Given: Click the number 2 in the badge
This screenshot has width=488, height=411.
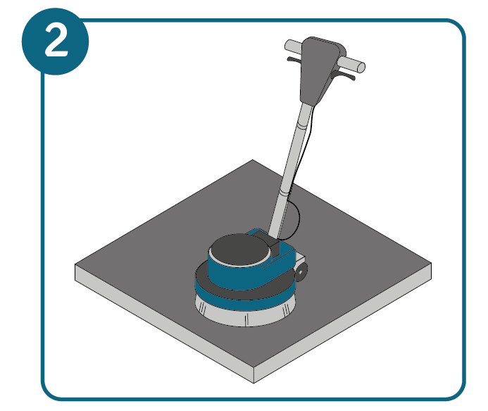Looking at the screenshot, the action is click(56, 40).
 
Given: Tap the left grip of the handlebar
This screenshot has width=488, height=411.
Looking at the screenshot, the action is click(293, 46).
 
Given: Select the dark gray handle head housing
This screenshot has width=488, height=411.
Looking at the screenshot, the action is click(320, 68).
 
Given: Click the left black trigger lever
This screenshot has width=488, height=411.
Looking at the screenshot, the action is click(294, 59).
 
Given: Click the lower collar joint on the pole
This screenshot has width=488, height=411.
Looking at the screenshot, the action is click(284, 191).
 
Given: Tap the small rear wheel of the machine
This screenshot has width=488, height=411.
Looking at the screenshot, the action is click(301, 271).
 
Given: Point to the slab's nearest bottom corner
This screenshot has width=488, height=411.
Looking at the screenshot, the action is click(254, 383).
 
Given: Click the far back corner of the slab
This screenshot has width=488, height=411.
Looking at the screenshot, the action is click(252, 160).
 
